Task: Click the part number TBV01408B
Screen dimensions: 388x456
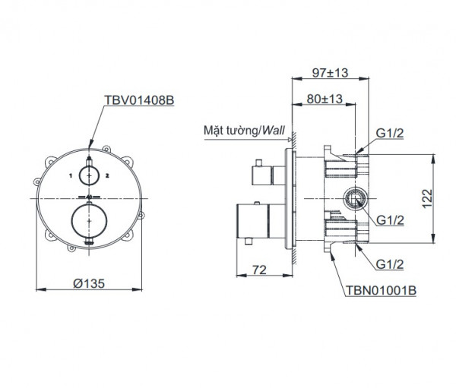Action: click(x=138, y=99)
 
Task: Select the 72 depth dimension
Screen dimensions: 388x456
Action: click(x=259, y=270)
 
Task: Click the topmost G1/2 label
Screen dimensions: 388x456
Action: click(x=391, y=134)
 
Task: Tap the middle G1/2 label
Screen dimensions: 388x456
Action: click(x=391, y=221)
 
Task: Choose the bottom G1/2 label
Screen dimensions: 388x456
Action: click(x=391, y=263)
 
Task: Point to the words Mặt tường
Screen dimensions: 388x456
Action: click(x=229, y=131)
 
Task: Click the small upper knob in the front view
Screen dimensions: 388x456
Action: click(x=90, y=175)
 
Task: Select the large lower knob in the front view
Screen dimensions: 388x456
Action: click(x=90, y=220)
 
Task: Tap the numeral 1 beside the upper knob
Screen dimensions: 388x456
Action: click(x=70, y=175)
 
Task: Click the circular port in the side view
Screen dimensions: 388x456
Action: click(x=354, y=200)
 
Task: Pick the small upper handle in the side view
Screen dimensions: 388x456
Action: click(x=263, y=175)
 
